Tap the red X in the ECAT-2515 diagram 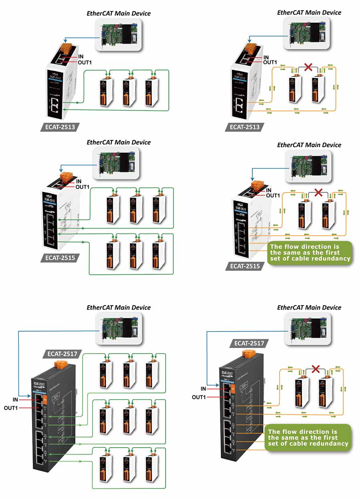318,192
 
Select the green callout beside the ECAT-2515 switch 310,252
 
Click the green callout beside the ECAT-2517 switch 308,438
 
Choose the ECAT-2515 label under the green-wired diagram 60,258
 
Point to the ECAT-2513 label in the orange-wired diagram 244,127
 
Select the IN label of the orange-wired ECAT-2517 203,388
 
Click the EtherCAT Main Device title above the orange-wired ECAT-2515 309,145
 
